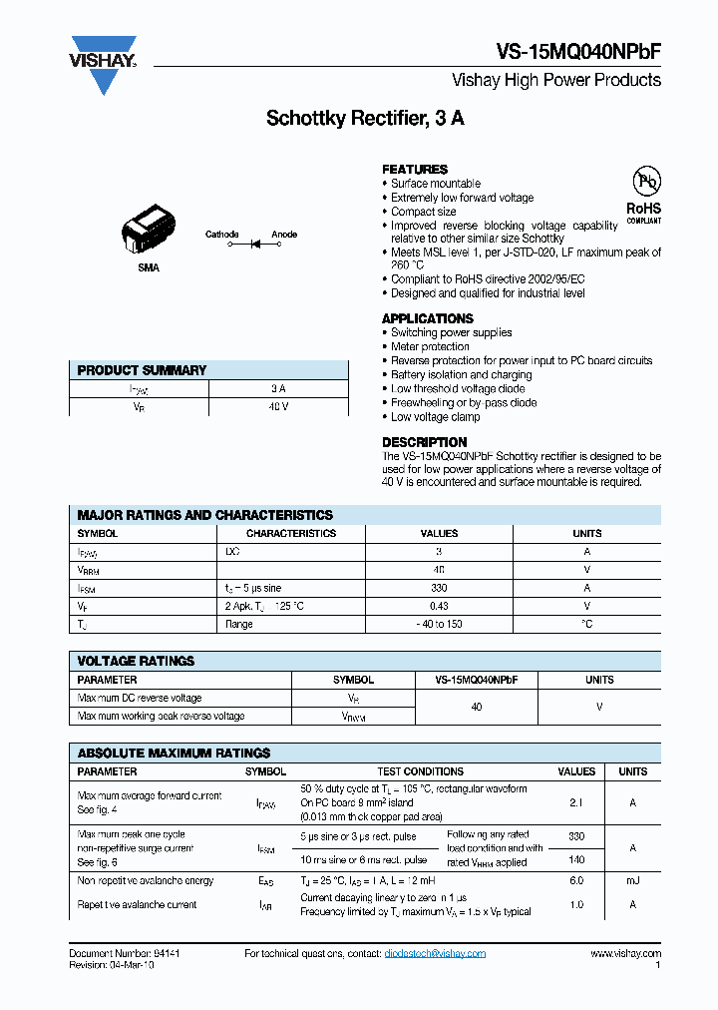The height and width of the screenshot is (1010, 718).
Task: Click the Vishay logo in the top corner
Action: point(102,64)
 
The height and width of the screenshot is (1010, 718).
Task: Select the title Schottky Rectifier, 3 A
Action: point(365,118)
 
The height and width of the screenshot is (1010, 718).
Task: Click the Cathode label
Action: point(221,235)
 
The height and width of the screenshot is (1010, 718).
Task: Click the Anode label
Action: point(284,235)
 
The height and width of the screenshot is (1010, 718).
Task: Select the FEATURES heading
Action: point(415,170)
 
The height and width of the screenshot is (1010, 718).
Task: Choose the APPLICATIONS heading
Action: point(428,318)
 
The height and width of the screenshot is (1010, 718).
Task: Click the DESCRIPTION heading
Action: point(424,442)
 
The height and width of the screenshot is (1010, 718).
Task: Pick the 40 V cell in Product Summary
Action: point(278,407)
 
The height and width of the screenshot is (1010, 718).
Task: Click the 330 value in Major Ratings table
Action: point(439,588)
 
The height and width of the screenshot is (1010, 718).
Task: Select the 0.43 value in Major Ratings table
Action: point(439,606)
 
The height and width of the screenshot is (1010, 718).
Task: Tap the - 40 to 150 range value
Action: point(439,624)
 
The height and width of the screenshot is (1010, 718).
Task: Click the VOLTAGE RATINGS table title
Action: point(136,661)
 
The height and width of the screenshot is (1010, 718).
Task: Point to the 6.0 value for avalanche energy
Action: point(576,880)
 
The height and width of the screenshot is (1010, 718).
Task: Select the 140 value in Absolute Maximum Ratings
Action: point(576,859)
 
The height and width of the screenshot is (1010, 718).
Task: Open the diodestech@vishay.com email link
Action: point(435,954)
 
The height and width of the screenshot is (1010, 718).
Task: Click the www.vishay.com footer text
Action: point(624,954)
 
